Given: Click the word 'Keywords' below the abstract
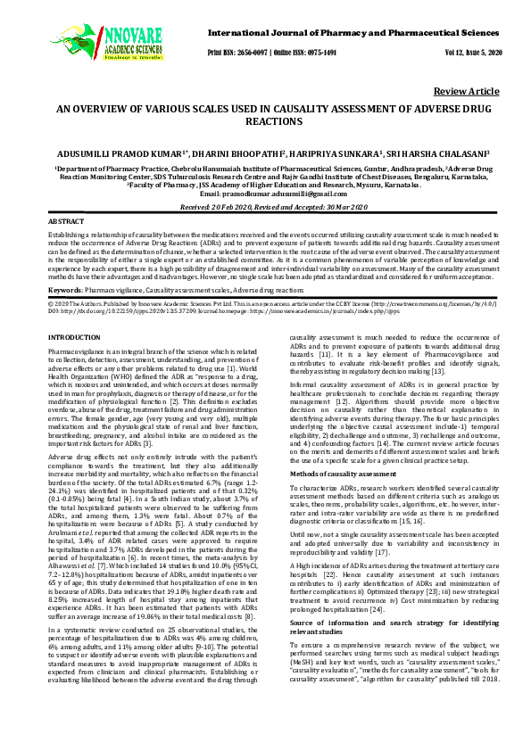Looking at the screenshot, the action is [x=65, y=291].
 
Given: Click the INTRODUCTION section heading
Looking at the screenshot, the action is [x=73, y=336].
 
